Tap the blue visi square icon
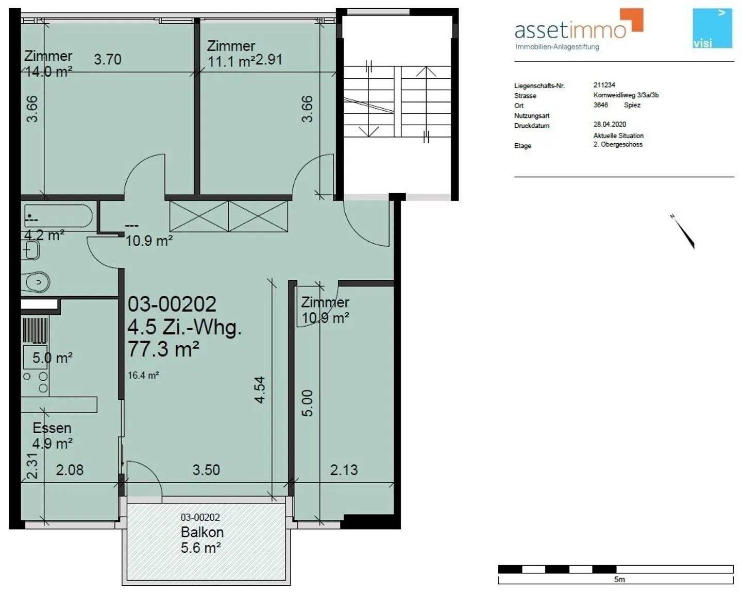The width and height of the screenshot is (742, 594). [x=712, y=28]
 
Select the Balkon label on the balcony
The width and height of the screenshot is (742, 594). [x=202, y=532]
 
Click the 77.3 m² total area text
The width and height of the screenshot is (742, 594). [x=163, y=349]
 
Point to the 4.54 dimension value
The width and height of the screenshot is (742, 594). [x=260, y=389]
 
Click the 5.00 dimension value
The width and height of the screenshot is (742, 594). [x=307, y=403]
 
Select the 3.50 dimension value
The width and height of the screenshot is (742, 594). [x=206, y=470]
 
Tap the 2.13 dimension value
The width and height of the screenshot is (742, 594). [x=344, y=470]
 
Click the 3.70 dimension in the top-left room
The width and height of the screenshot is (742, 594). [x=108, y=59]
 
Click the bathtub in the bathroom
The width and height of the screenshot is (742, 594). [x=58, y=216]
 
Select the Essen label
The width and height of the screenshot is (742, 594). [x=52, y=428]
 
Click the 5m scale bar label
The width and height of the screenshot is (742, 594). [x=619, y=580]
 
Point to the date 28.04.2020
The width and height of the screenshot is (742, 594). [x=610, y=124]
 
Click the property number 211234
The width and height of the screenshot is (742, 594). [x=604, y=85]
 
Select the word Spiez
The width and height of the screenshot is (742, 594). [x=632, y=105]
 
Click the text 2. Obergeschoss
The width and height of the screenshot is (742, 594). [x=618, y=145]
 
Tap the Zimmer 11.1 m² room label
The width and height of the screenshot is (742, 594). [x=231, y=54]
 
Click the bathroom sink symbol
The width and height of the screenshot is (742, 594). [x=31, y=251]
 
